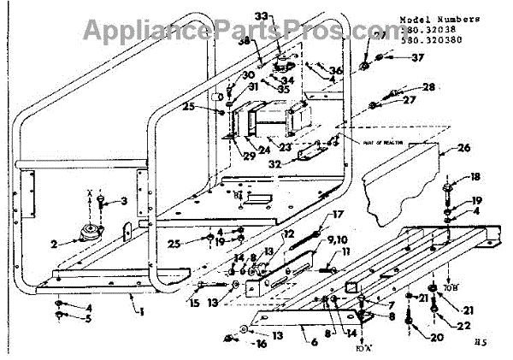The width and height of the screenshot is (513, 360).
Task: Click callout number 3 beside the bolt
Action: pyautogui.click(x=125, y=201)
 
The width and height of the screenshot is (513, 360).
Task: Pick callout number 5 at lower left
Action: pyautogui.click(x=88, y=319)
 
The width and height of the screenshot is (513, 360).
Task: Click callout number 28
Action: pyautogui.click(x=427, y=87)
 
